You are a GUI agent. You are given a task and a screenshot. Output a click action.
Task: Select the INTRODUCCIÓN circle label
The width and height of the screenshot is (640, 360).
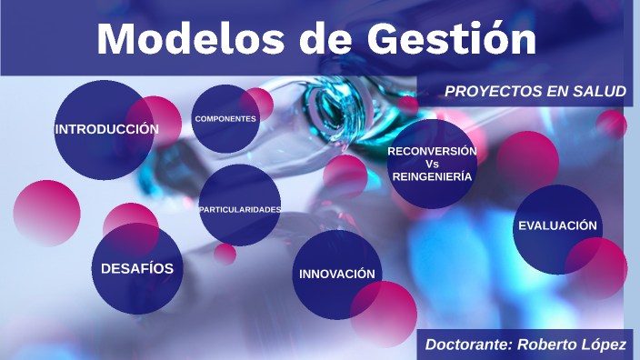(106, 130)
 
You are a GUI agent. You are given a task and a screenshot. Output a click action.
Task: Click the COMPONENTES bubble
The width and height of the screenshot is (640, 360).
(225, 119)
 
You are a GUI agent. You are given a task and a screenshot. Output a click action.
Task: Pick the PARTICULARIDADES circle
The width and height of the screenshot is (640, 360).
(239, 209)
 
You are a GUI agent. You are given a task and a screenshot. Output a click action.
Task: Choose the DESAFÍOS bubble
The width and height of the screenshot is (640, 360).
(137, 268)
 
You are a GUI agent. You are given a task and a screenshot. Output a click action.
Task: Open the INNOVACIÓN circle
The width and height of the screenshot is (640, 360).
(336, 274)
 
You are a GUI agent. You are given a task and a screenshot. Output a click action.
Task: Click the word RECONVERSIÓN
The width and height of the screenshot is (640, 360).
(432, 150)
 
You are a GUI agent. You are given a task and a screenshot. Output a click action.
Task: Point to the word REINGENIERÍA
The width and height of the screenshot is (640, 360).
(432, 178)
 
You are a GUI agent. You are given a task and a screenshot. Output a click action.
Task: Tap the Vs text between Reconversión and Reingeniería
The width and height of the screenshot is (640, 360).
(432, 165)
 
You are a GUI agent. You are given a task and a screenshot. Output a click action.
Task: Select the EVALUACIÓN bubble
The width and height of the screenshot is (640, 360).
(557, 225)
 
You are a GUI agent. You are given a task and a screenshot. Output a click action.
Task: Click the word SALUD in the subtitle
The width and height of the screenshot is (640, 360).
(600, 92)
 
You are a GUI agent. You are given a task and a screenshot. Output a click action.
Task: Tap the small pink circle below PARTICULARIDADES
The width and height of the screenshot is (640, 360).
(225, 254)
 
